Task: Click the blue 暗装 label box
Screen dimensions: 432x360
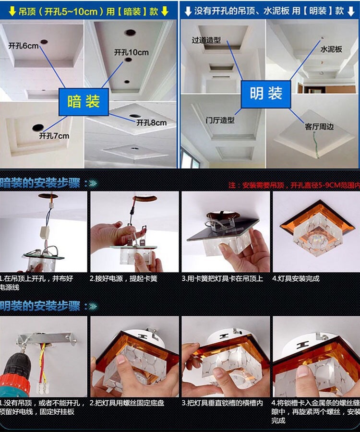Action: pos(84,101)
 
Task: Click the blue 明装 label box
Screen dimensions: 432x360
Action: pos(265,93)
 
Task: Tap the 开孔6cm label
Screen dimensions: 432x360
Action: pos(23,46)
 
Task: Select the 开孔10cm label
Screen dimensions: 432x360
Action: pos(131,52)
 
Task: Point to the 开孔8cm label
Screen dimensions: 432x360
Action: pos(151,123)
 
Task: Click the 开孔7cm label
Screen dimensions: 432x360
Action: pos(54,136)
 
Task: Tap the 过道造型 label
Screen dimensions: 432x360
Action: pos(206,40)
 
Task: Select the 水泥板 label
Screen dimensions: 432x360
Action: pos(331,49)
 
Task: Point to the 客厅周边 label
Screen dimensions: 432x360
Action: pos(319,127)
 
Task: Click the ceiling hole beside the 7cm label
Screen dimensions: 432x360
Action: pos(37,127)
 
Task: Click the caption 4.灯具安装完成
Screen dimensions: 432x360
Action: pos(296,278)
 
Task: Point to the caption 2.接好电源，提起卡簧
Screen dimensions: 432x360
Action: pos(123,278)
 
